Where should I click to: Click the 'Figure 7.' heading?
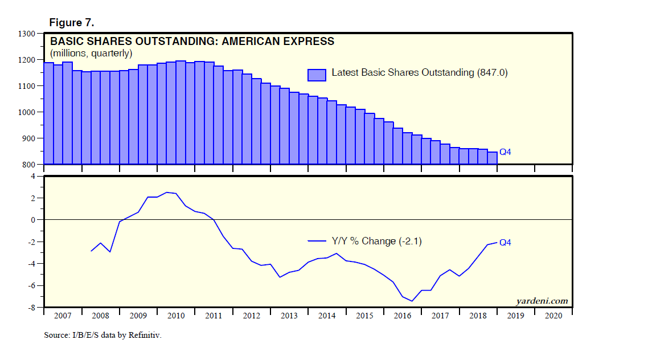click(x=72, y=23)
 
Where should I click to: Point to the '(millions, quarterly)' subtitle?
click(x=92, y=53)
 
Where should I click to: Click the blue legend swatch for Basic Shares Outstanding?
click(x=317, y=74)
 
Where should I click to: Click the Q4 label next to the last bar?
click(x=506, y=152)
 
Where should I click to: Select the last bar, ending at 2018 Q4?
click(x=493, y=158)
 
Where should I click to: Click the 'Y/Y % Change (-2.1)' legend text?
click(x=376, y=241)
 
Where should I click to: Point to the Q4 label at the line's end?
click(x=505, y=242)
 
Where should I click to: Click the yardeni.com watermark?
click(x=542, y=301)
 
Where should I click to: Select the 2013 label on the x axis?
click(x=289, y=316)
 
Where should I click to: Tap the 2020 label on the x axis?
click(x=553, y=316)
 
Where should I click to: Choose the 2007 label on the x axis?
click(x=63, y=316)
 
